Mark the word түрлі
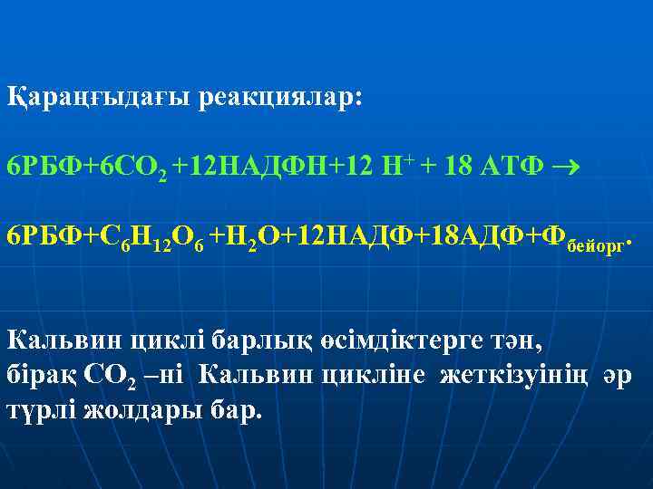pyautogui.click(x=41, y=407)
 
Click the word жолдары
pyautogui.click(x=146, y=407)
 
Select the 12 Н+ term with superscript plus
pyautogui.click(x=385, y=168)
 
